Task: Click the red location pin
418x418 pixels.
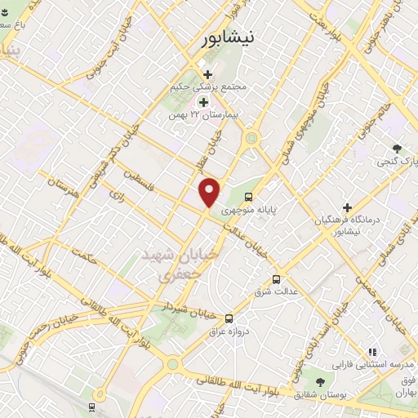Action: (x=210, y=192)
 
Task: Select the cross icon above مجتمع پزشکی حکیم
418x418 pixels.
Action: (x=208, y=74)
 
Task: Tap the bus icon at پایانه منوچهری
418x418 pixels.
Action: (x=249, y=196)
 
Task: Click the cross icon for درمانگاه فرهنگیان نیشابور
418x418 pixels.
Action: (x=347, y=207)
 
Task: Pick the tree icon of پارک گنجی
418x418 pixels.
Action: (x=397, y=149)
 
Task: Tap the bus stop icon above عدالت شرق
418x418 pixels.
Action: (x=277, y=278)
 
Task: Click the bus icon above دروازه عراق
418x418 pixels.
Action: (x=228, y=318)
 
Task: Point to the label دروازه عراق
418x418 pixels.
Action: (x=228, y=332)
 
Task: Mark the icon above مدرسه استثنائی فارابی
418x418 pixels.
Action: (x=372, y=352)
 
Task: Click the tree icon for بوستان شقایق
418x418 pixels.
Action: (x=319, y=381)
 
